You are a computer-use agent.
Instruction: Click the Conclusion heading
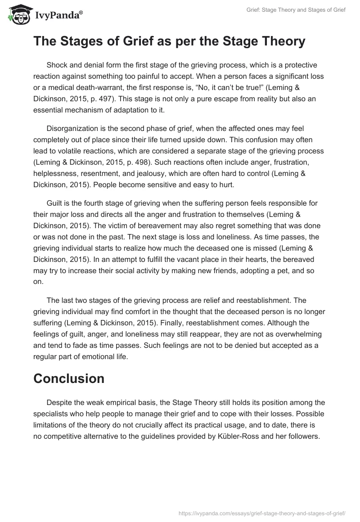[69, 378]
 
